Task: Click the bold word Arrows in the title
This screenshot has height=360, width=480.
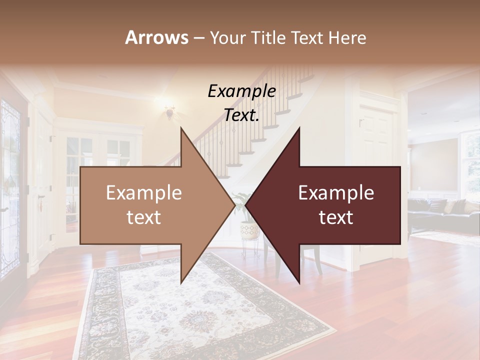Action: tap(156, 37)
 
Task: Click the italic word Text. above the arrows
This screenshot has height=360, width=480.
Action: tap(241, 115)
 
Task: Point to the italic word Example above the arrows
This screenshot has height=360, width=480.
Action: tap(241, 91)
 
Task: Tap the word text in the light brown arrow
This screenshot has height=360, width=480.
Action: tap(143, 217)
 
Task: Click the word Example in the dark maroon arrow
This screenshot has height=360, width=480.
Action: tap(336, 192)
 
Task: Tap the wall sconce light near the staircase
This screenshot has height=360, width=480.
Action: tap(170, 111)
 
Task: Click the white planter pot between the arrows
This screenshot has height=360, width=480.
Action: tap(249, 230)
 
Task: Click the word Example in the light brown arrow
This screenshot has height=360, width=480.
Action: tap(143, 192)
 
